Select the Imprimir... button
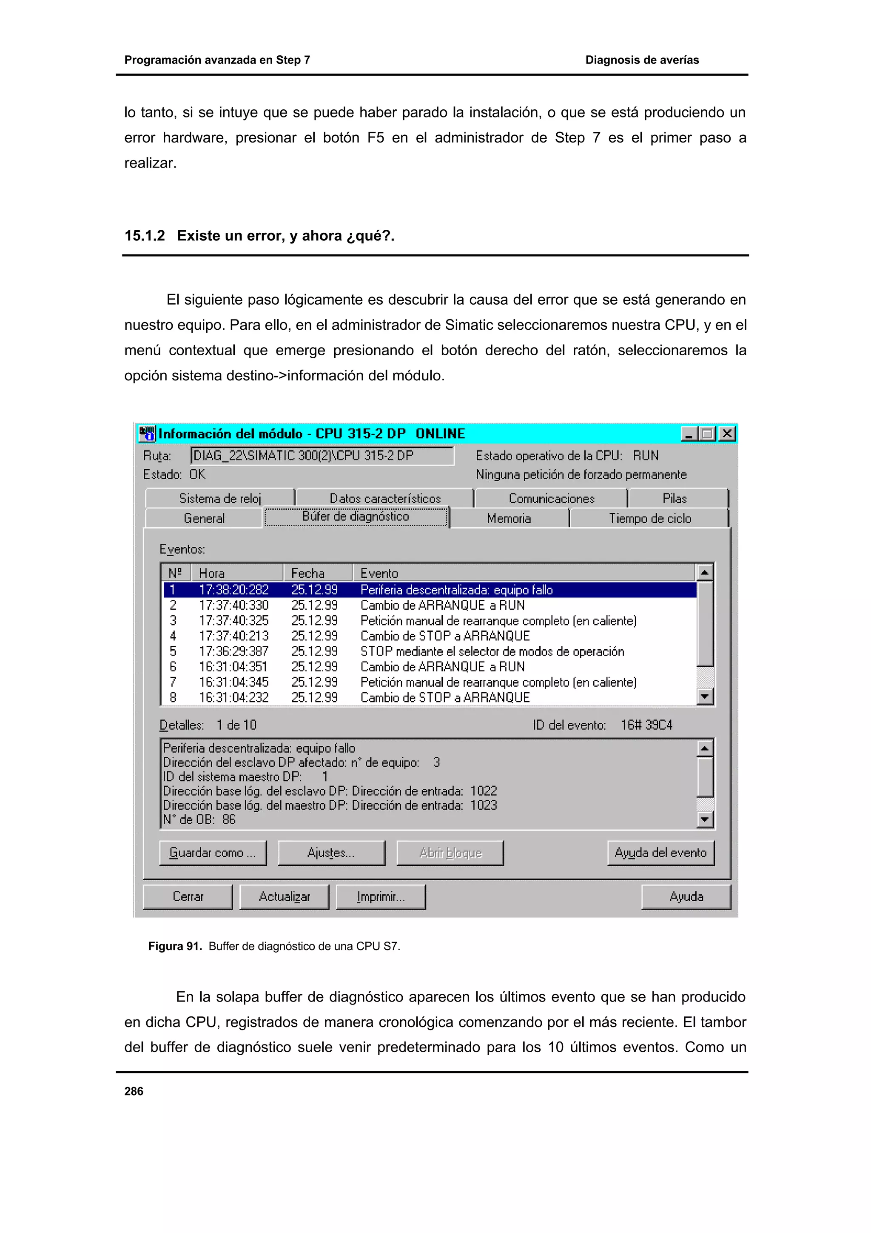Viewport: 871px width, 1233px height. click(381, 896)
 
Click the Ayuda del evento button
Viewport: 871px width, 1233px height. click(660, 853)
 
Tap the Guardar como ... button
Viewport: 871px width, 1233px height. click(213, 853)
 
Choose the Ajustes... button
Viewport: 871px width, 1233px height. click(331, 853)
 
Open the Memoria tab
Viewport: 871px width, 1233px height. click(509, 518)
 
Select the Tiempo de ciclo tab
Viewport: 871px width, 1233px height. click(649, 518)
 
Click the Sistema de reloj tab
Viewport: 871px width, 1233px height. click(219, 498)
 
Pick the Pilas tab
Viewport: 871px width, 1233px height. click(675, 498)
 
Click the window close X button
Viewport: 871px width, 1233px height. click(727, 434)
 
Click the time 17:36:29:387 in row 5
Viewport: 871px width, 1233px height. click(233, 651)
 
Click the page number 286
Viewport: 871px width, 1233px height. click(134, 1091)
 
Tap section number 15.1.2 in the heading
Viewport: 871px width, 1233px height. click(144, 236)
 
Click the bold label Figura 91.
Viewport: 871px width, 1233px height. click(174, 946)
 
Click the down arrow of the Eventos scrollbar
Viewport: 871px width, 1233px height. click(704, 697)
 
